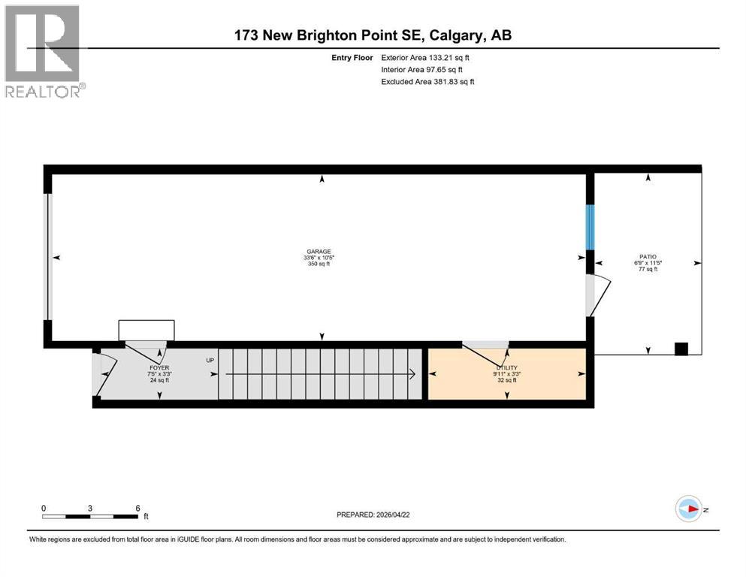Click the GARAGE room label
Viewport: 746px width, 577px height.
[318, 252]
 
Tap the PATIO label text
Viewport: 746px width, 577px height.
[648, 257]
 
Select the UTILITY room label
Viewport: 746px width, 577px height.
[506, 367]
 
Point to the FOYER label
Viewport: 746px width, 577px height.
[159, 367]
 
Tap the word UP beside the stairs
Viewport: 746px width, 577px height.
[210, 361]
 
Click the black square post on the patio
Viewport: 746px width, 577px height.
[681, 349]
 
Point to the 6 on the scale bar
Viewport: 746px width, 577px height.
[137, 508]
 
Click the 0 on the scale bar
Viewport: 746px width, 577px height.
[44, 508]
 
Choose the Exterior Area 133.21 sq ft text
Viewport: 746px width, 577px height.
[427, 57]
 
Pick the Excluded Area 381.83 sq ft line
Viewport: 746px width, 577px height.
[427, 81]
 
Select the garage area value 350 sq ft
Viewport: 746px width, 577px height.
[318, 264]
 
